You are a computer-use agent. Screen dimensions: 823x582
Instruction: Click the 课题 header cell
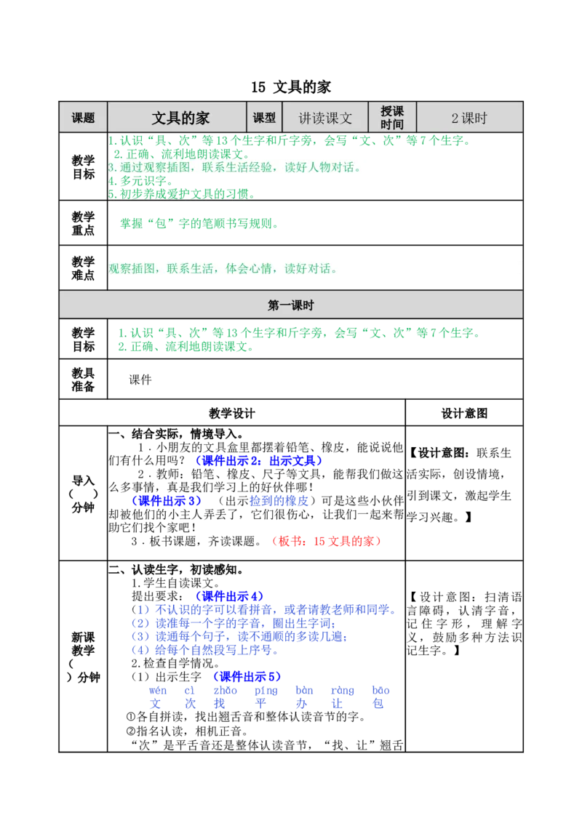[x=83, y=118]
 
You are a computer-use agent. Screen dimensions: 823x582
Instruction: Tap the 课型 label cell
[x=264, y=118]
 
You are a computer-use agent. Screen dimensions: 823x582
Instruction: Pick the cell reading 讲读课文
[x=325, y=118]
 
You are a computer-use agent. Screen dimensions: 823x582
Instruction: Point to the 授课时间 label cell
[x=392, y=118]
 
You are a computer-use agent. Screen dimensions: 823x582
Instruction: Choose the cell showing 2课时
[x=469, y=118]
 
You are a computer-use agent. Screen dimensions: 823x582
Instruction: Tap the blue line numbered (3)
[x=240, y=638]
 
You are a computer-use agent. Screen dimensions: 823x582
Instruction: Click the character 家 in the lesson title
[x=202, y=118]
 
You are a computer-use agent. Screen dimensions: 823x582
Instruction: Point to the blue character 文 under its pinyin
[x=155, y=704]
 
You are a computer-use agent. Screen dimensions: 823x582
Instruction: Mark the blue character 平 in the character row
[x=263, y=704]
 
